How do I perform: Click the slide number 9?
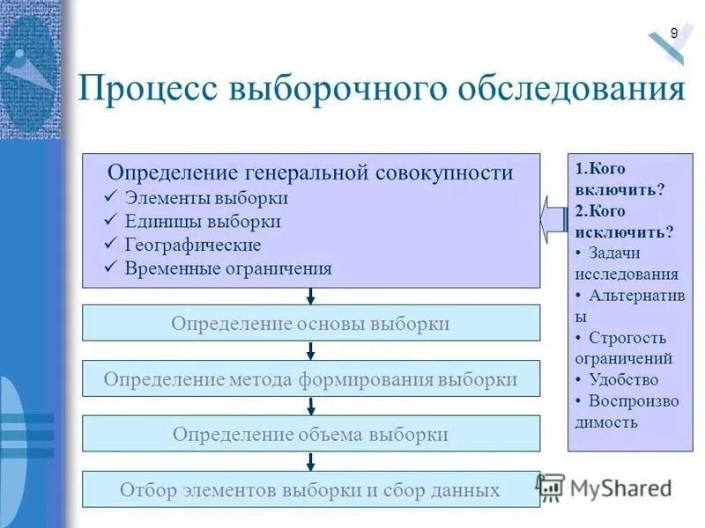click(674, 33)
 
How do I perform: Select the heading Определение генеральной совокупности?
click(310, 172)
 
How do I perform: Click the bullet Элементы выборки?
click(206, 198)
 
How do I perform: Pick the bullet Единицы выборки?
click(203, 221)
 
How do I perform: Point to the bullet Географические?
click(193, 245)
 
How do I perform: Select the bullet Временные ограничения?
click(228, 268)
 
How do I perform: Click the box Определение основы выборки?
click(310, 323)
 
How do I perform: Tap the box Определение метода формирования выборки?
click(310, 379)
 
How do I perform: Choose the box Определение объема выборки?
click(310, 434)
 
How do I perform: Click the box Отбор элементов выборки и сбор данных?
click(310, 489)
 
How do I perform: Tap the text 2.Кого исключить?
click(624, 221)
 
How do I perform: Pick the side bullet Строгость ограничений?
click(624, 348)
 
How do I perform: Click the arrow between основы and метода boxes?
click(311, 350)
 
